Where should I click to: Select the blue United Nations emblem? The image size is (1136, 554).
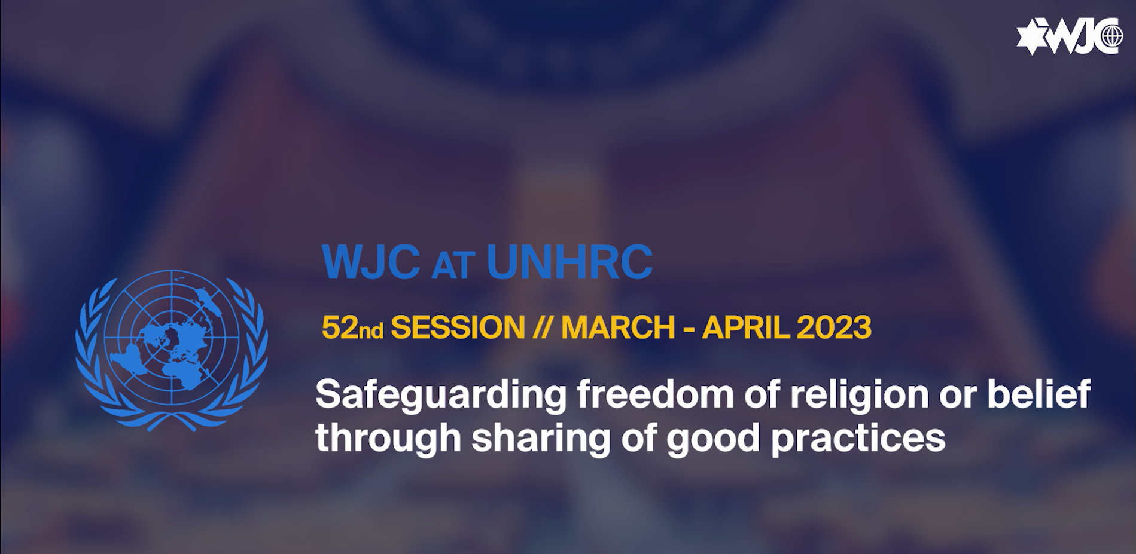(172, 350)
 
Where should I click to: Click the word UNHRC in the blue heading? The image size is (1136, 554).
(569, 262)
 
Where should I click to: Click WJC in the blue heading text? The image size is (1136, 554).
(371, 262)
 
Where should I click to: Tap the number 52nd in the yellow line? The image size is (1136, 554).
(352, 327)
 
